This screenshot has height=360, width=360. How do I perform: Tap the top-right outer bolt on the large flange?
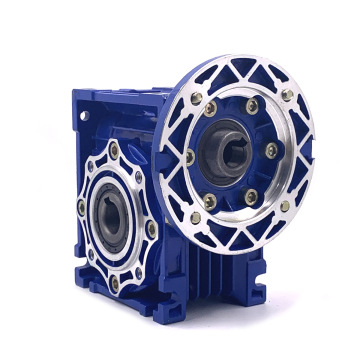click(288, 94)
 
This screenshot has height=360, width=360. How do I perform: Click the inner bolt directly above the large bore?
click(250, 104)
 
